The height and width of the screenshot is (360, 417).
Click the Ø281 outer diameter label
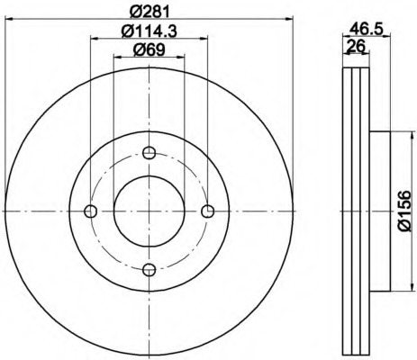pos(149,12)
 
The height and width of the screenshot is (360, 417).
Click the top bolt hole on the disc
pos(150,152)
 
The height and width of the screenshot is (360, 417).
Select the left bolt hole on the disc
pos(90,211)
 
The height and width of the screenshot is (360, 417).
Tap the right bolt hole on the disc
pos(208,211)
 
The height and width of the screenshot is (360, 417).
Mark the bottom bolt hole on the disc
pos(150,270)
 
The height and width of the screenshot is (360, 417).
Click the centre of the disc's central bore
pos(150,211)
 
